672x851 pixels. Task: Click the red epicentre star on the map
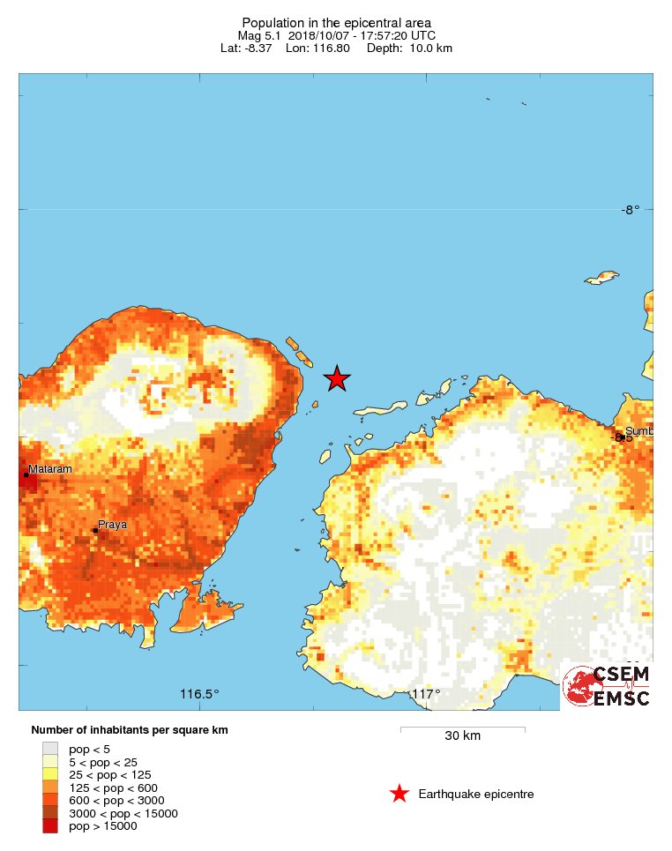click(x=337, y=378)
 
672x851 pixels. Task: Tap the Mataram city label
click(x=49, y=468)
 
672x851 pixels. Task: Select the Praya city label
click(x=112, y=524)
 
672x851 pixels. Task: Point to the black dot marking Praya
click(x=95, y=530)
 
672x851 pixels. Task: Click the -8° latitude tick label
click(x=629, y=210)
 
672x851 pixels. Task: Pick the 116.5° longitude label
click(x=199, y=694)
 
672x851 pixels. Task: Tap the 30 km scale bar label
click(x=462, y=735)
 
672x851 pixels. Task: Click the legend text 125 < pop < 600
click(x=113, y=788)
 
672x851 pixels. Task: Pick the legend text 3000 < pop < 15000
click(x=123, y=813)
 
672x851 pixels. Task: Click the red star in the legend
click(x=399, y=794)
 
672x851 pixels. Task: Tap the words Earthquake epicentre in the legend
click(x=476, y=794)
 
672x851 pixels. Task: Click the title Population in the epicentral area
click(x=336, y=22)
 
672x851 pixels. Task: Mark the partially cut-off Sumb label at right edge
click(x=638, y=431)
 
